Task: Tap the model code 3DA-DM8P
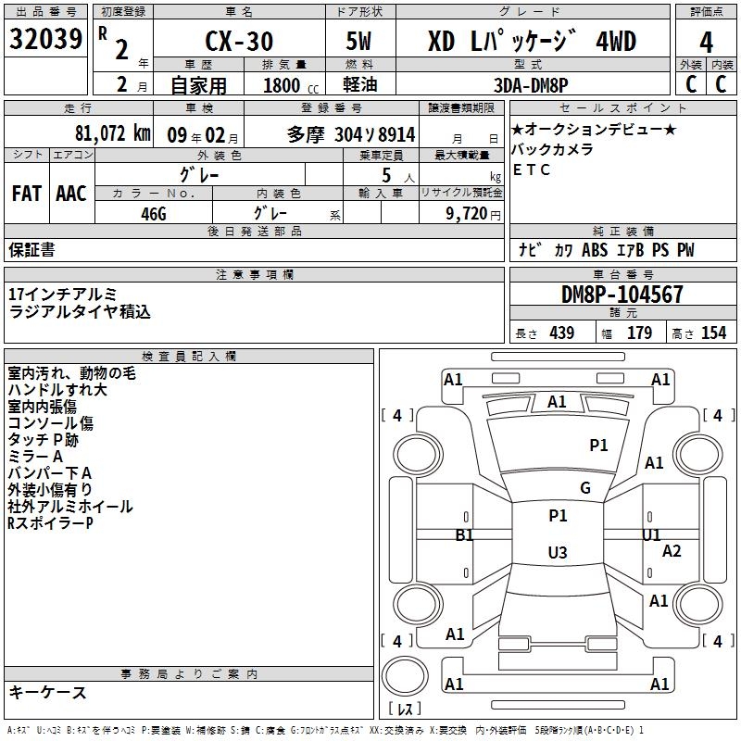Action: (532, 84)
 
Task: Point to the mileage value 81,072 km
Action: (111, 133)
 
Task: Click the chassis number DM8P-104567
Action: (622, 295)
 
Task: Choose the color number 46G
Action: (153, 212)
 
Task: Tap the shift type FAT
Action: (26, 194)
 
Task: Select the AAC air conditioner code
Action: (70, 194)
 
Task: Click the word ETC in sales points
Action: (531, 170)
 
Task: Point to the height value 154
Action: (713, 333)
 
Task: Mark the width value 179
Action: (640, 333)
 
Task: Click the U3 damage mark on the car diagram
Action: (557, 553)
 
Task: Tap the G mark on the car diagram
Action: (584, 488)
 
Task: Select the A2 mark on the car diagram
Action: (672, 551)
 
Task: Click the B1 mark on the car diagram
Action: (464, 535)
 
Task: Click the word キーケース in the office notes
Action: (48, 693)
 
